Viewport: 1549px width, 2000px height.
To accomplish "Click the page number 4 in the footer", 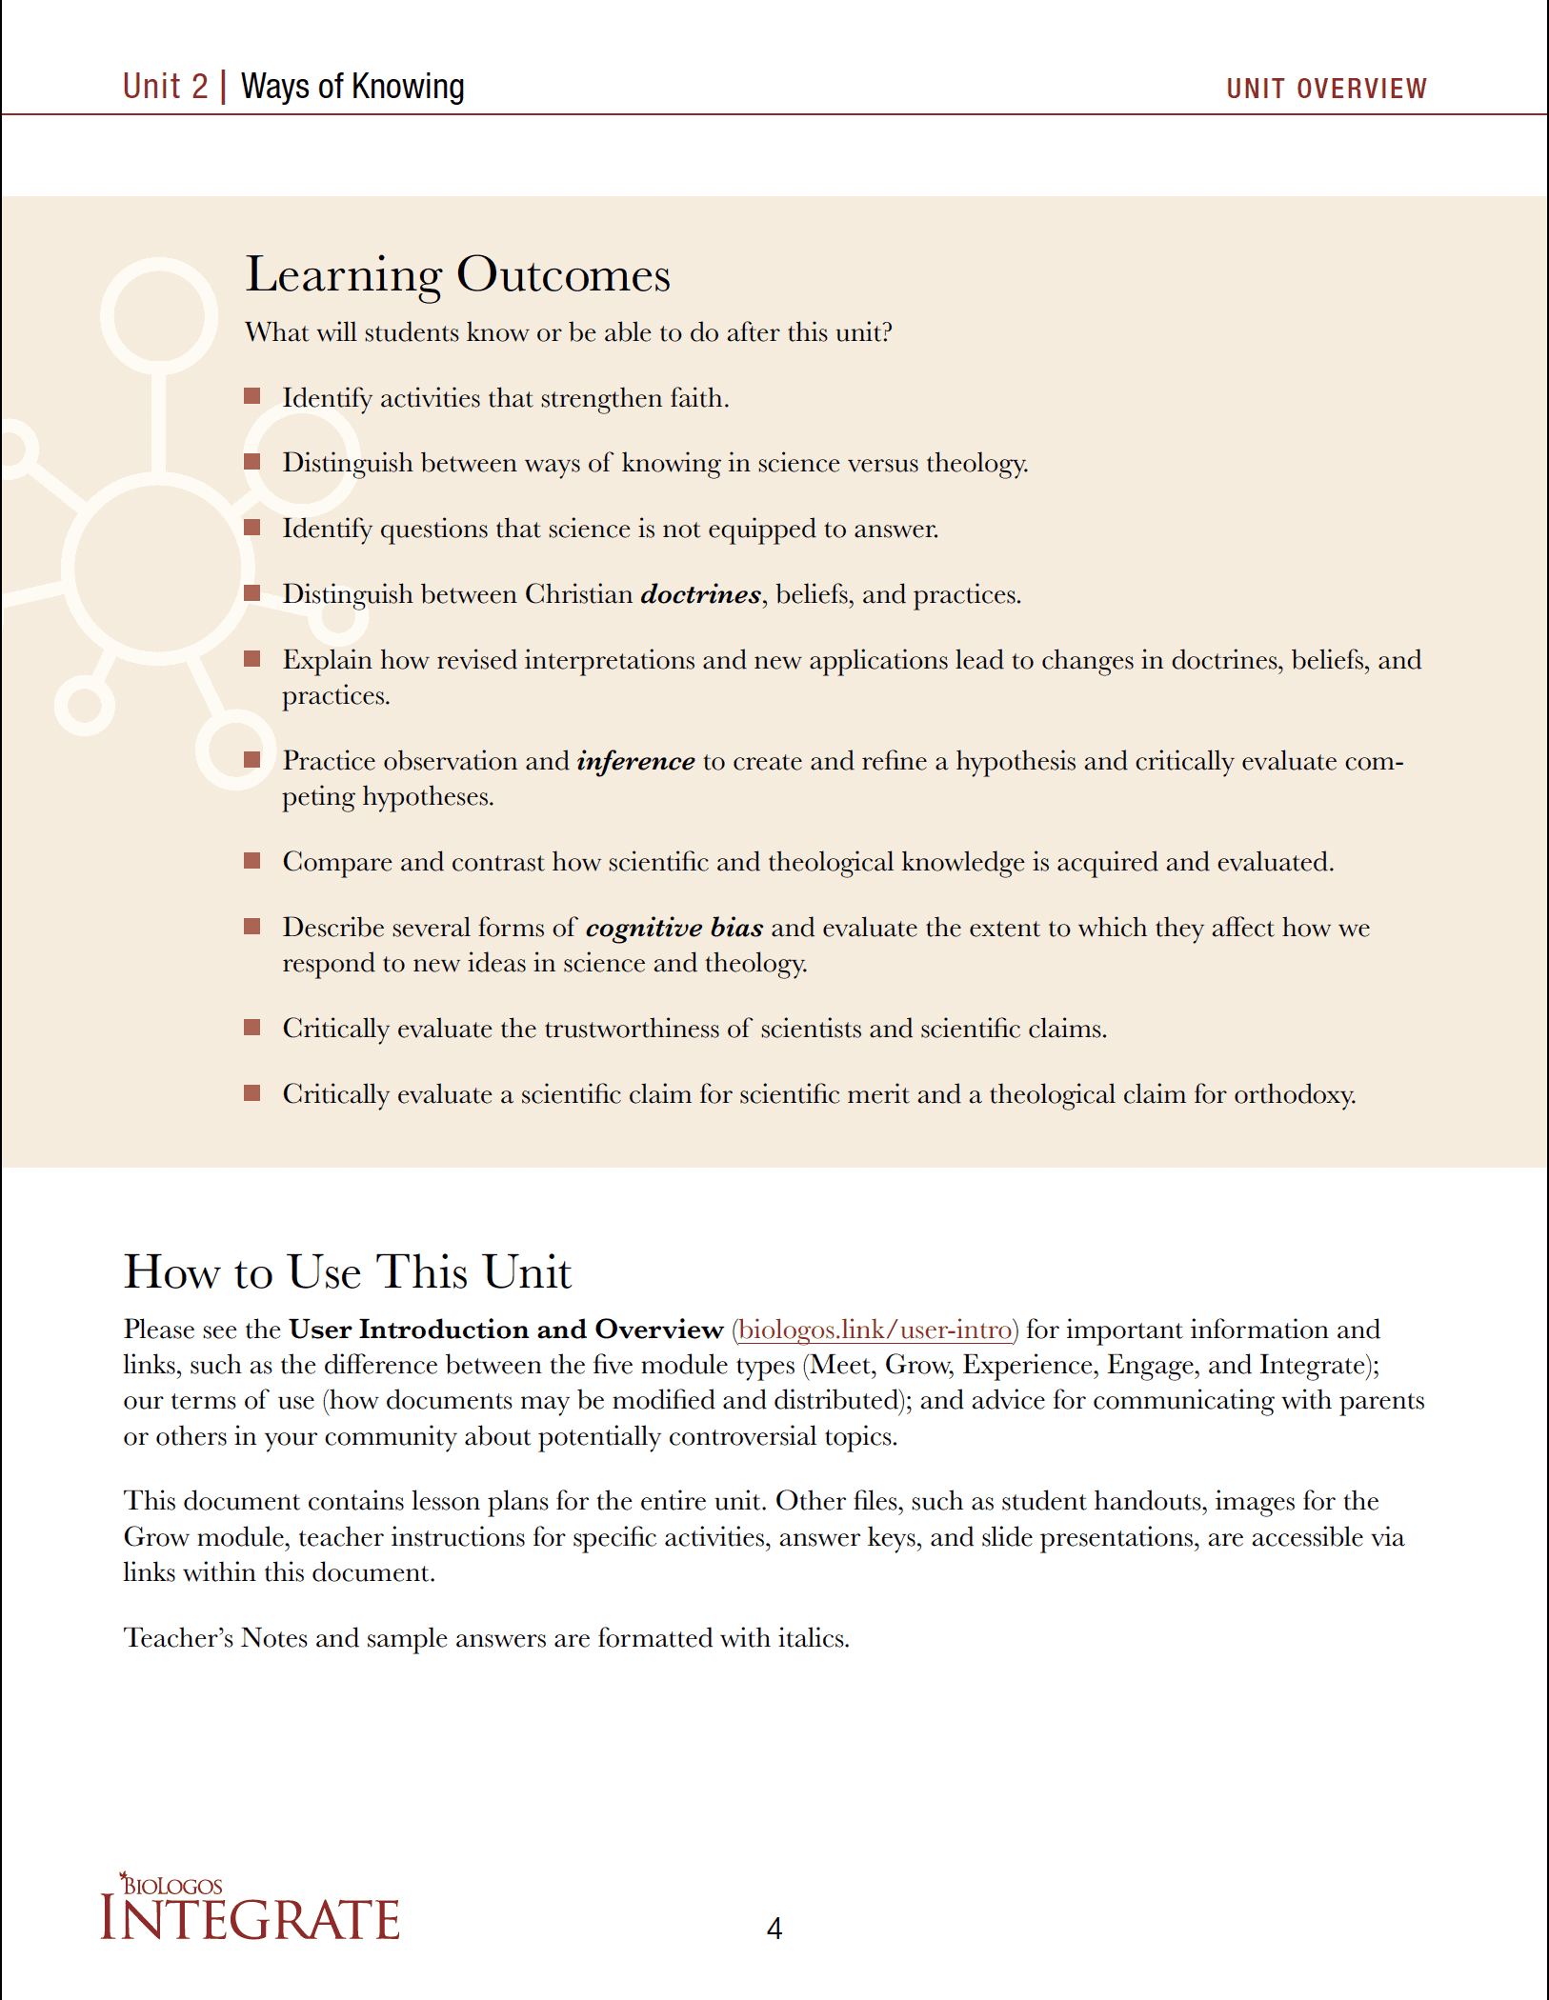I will (x=774, y=1929).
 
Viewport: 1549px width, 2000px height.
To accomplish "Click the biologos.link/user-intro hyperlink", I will (x=875, y=1330).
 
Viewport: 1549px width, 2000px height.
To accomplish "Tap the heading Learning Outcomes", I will (x=457, y=275).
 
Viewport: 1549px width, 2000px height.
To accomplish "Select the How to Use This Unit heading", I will (x=347, y=1272).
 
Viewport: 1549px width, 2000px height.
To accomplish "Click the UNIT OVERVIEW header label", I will (x=1326, y=89).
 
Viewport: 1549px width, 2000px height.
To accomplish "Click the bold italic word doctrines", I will (x=700, y=594).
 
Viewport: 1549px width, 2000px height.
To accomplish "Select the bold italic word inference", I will (x=635, y=761).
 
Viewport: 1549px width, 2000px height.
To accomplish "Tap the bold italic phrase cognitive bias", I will (x=674, y=928).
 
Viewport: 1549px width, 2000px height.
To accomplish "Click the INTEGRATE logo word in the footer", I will (x=251, y=1920).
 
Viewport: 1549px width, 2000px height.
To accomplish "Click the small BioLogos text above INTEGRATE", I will (x=172, y=1886).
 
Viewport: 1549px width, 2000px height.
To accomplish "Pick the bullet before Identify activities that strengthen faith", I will (x=252, y=396).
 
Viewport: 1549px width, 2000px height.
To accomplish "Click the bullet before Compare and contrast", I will (x=252, y=861).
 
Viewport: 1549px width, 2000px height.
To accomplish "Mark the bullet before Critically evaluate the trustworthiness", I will (x=252, y=1027).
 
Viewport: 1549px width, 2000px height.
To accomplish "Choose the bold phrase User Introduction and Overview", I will (x=506, y=1330).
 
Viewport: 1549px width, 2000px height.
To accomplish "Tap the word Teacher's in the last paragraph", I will (x=178, y=1638).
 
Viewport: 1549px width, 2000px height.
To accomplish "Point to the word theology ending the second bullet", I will (x=976, y=464).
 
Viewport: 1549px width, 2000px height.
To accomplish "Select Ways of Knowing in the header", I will (x=352, y=87).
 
